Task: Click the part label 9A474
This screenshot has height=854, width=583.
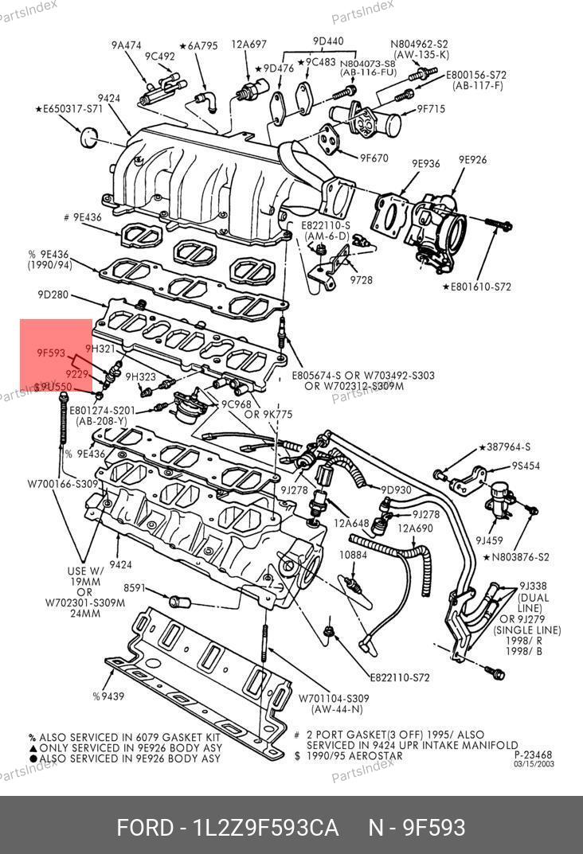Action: point(126,45)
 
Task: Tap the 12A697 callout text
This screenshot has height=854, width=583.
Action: point(248,45)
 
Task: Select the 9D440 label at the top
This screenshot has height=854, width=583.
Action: point(328,41)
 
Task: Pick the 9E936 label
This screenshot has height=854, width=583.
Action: point(425,164)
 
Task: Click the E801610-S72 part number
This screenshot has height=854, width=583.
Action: point(476,287)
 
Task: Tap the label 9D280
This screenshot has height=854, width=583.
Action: point(53,294)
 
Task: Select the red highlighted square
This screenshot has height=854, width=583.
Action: point(56,356)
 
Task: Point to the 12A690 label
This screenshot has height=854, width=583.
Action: point(415,528)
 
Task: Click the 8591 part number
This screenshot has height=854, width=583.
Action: point(135,588)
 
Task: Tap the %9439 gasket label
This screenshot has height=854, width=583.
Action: point(108,696)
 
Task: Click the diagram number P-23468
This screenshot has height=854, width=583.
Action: point(533,755)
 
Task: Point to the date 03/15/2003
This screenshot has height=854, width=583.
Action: point(534,764)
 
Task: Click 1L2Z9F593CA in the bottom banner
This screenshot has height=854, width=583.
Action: point(266,828)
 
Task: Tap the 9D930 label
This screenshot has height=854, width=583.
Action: point(396,489)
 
